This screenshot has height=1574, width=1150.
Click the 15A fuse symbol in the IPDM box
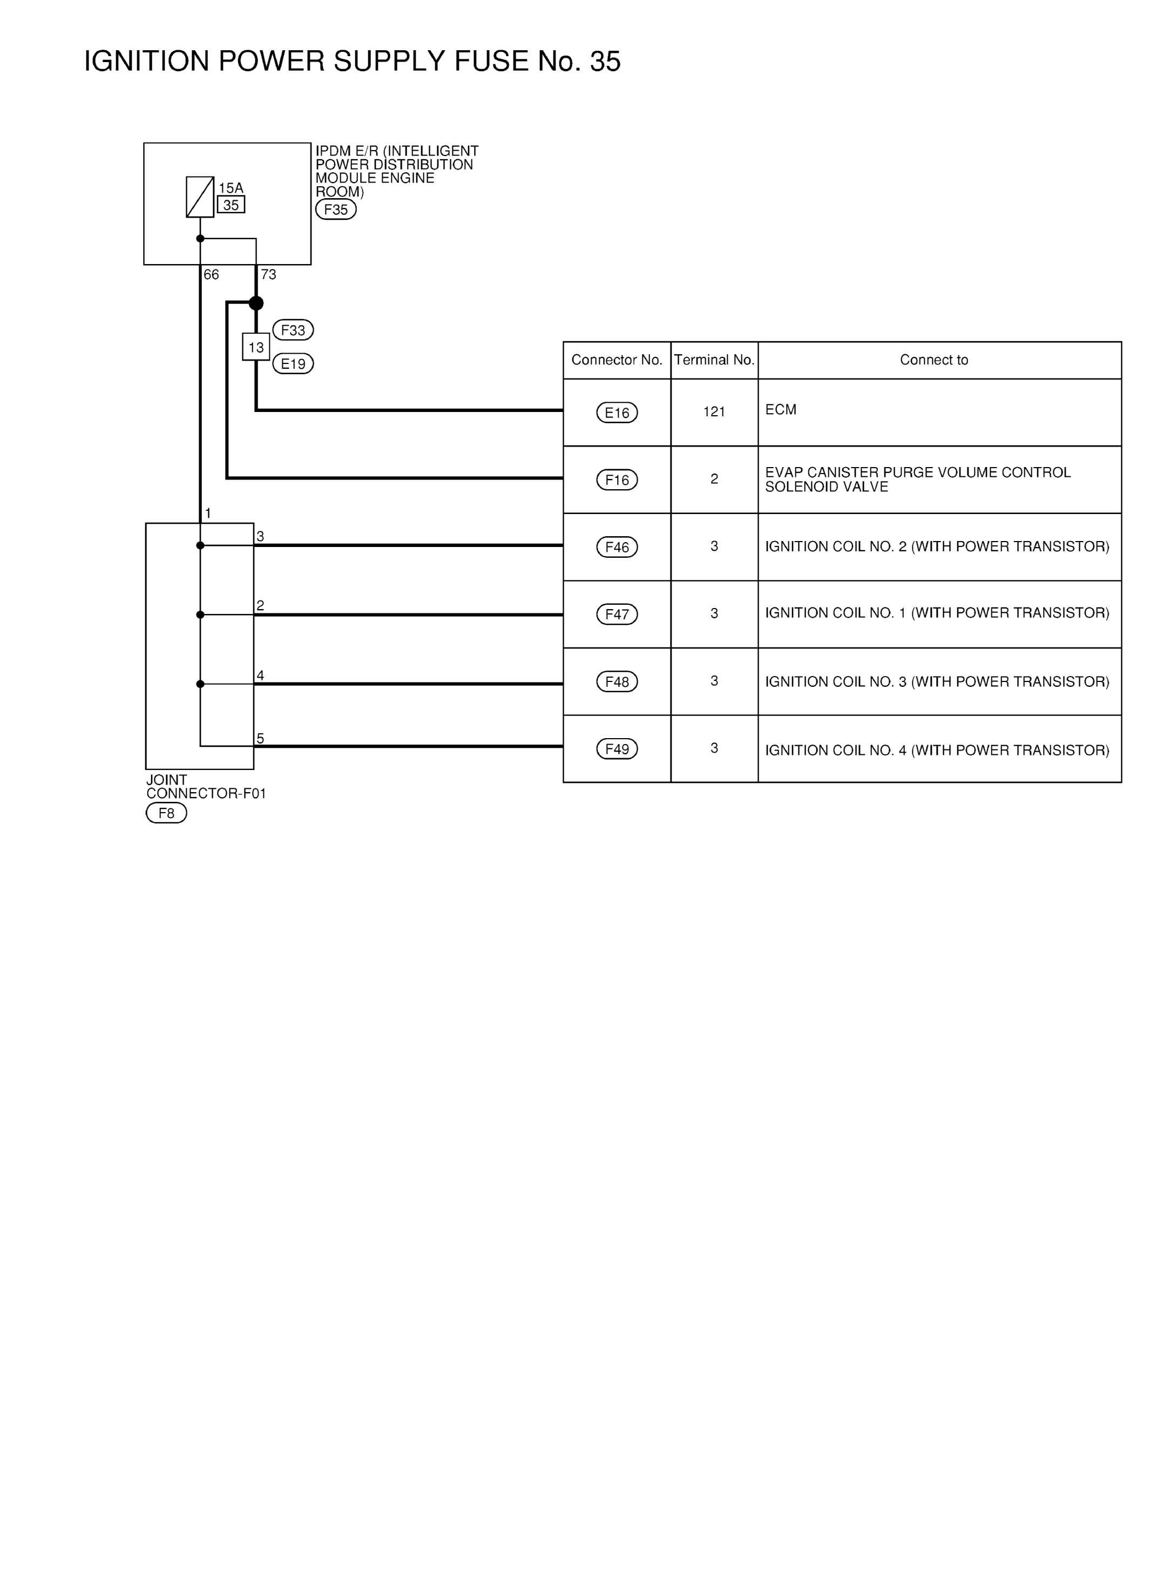200,197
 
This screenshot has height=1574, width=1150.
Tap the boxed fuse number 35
231,205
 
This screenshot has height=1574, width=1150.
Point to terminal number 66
211,275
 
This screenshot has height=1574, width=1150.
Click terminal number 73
269,275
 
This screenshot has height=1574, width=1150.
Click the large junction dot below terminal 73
256,303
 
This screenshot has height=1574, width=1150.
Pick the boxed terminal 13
256,347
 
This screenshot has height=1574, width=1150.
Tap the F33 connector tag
293,330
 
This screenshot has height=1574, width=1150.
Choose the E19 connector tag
293,363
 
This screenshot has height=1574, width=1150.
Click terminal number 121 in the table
714,412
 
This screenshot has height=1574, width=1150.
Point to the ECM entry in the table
781,409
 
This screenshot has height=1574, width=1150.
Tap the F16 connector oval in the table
617,479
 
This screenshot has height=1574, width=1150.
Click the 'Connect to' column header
934,360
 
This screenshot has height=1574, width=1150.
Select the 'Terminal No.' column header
714,360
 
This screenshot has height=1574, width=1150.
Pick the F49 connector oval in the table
617,749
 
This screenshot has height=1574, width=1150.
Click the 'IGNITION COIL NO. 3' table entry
937,681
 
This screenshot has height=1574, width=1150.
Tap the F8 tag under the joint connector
166,813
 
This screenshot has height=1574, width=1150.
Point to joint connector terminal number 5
260,739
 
